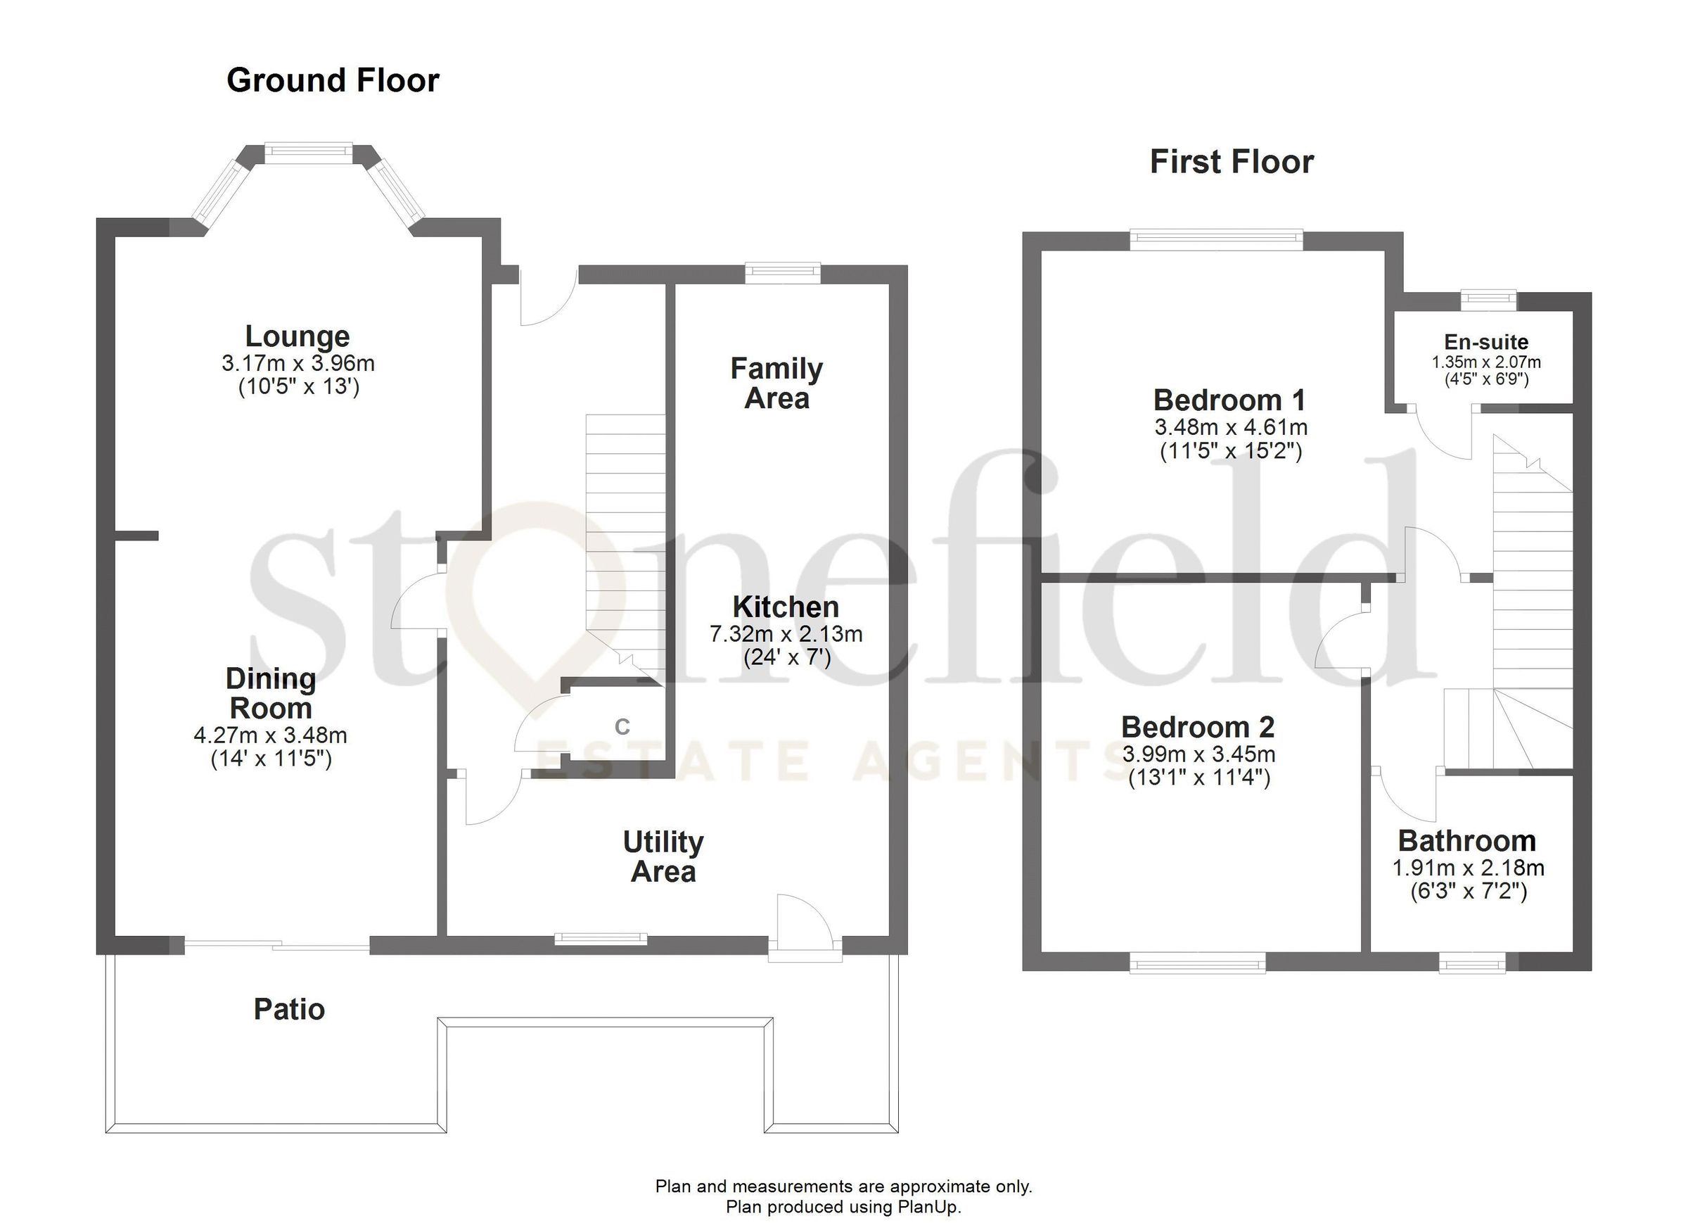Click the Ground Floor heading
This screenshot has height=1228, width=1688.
(333, 80)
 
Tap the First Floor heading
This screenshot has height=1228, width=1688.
(1232, 163)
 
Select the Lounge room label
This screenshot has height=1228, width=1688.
(297, 336)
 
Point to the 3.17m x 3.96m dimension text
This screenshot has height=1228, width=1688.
(298, 363)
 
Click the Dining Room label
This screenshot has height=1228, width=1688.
(271, 693)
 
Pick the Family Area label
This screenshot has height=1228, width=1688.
(776, 384)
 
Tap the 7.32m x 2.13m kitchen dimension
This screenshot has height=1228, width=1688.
(786, 635)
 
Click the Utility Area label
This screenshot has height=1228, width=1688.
(663, 857)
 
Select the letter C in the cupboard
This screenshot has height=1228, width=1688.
(622, 726)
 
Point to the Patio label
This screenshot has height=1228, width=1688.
(289, 1010)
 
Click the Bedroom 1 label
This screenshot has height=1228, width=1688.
(1229, 400)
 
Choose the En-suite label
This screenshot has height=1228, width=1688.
(1486, 343)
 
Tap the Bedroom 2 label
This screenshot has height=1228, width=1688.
(1198, 727)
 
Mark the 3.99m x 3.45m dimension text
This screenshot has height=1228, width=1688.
(1199, 754)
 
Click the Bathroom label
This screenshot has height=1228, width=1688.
(1467, 842)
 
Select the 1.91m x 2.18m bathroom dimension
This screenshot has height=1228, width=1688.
(1469, 868)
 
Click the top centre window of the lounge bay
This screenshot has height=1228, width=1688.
(308, 152)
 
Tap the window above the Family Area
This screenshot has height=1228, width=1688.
(783, 272)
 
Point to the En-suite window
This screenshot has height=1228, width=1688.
(1488, 300)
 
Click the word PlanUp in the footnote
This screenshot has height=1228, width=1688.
(926, 1207)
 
